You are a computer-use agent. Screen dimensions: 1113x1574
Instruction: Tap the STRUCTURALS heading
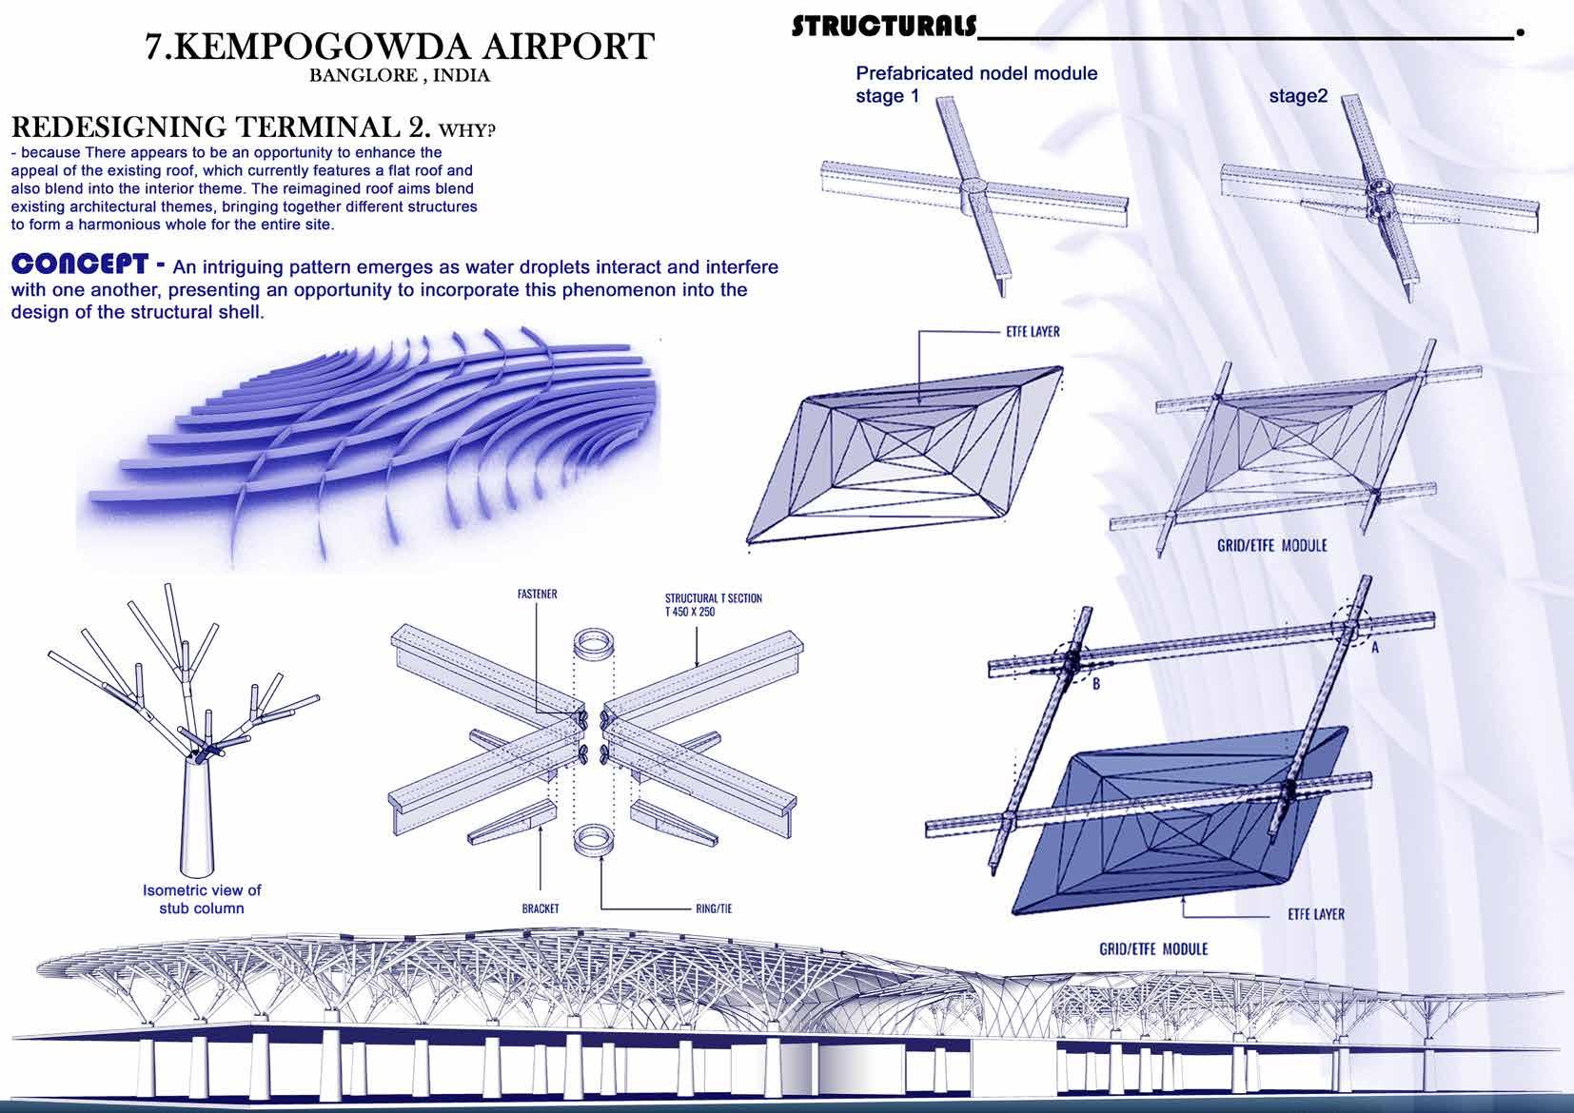883,26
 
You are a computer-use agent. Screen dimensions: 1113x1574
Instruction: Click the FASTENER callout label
537,595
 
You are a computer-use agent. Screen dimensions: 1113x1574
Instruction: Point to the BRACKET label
540,908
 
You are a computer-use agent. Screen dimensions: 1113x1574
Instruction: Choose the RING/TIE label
713,908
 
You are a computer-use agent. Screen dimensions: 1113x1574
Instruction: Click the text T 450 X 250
689,612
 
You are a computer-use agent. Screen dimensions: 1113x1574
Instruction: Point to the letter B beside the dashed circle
1095,684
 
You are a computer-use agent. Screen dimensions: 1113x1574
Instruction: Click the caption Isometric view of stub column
201,899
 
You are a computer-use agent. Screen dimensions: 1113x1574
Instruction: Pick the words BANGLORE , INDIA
400,76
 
